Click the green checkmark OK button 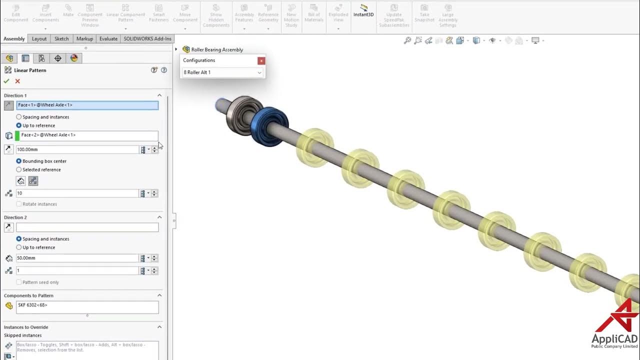(6, 81)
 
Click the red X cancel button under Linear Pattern (17, 81)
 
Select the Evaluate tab (108, 38)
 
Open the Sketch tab (61, 38)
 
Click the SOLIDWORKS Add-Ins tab (147, 38)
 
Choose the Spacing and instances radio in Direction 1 (19, 117)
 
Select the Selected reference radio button (19, 169)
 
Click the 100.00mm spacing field (77, 149)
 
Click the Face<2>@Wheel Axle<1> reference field (87, 135)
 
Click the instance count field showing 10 (77, 193)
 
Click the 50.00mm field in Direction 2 (77, 258)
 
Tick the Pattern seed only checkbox (19, 282)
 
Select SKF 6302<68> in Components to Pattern (33, 304)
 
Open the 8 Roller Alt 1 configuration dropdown (222, 72)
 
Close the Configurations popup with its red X (261, 60)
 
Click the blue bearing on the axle (270, 126)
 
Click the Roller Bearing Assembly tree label (217, 49)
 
